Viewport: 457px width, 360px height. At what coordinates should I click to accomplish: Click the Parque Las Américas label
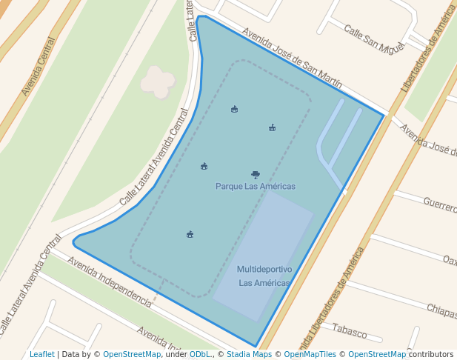point(255,186)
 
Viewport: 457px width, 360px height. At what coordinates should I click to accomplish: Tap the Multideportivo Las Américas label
point(264,276)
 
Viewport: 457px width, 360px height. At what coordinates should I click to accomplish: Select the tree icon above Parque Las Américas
point(256,175)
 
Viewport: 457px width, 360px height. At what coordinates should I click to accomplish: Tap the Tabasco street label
point(350,328)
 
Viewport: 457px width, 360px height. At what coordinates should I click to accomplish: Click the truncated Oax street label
point(449,260)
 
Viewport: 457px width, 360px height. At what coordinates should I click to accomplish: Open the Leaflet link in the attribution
point(41,354)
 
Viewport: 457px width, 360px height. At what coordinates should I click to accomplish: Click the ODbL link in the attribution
point(199,354)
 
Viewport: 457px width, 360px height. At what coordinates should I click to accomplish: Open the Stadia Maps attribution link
point(248,354)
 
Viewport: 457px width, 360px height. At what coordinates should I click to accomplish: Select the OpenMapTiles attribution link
point(310,354)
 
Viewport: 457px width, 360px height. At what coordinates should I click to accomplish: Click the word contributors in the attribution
point(430,354)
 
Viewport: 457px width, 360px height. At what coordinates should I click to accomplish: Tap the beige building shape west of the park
point(158,81)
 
